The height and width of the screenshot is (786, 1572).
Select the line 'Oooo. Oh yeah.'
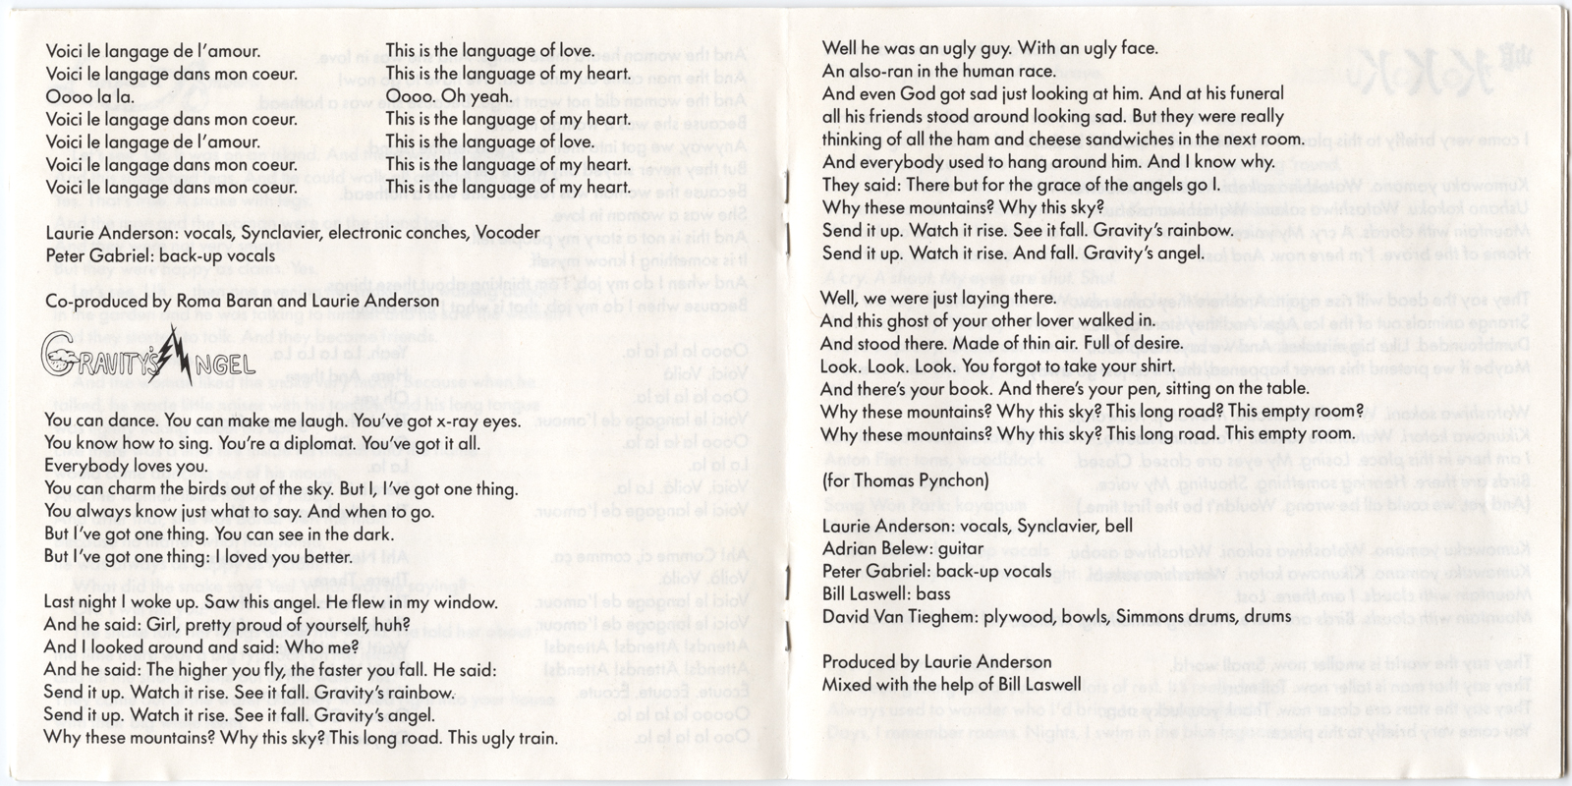[x=449, y=96]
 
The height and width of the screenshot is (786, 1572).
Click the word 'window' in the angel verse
[x=464, y=601]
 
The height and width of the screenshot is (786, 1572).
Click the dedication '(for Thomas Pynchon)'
[x=905, y=480]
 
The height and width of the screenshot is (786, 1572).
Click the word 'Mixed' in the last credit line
[x=846, y=684]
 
